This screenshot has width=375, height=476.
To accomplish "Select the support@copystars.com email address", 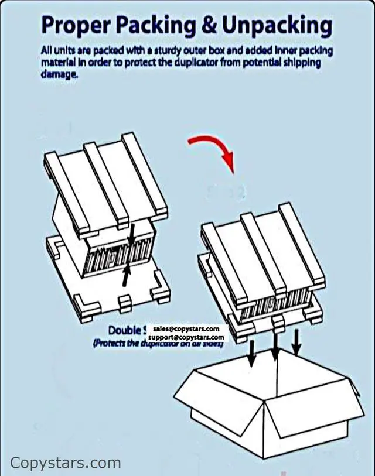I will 186,338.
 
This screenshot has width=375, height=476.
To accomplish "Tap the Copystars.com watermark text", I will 66,463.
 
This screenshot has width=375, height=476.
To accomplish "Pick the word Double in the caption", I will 124,330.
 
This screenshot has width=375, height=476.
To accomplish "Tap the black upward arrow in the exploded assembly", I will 126,275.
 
